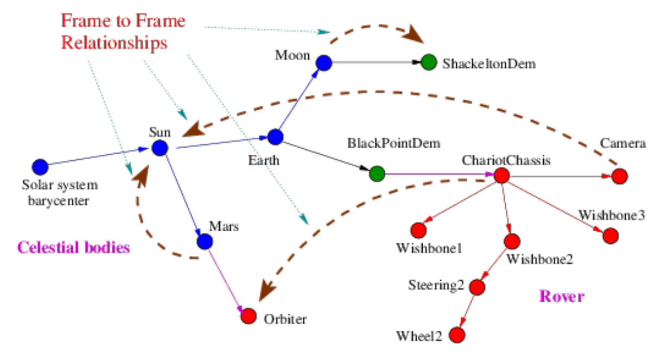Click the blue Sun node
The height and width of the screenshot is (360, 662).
(x=160, y=148)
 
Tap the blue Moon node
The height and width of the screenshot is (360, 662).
(x=324, y=63)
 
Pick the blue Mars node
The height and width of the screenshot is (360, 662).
(x=205, y=241)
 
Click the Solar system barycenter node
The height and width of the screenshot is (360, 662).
(x=40, y=166)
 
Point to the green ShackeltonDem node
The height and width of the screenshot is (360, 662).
(x=429, y=63)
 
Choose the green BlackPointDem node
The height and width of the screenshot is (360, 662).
(x=377, y=174)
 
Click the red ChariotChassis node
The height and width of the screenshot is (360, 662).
(x=501, y=175)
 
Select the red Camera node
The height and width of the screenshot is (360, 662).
(x=620, y=176)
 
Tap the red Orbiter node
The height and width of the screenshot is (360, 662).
(x=249, y=315)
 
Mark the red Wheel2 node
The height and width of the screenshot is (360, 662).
(x=457, y=335)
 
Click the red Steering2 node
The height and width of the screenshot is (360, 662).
(x=477, y=287)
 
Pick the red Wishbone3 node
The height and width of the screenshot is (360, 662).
(x=610, y=235)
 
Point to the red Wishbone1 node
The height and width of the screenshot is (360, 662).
(x=418, y=230)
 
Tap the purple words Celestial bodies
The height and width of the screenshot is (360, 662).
(x=74, y=248)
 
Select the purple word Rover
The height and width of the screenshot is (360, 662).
(x=561, y=296)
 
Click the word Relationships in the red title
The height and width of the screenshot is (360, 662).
(x=114, y=42)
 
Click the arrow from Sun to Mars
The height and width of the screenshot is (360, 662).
(x=182, y=195)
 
